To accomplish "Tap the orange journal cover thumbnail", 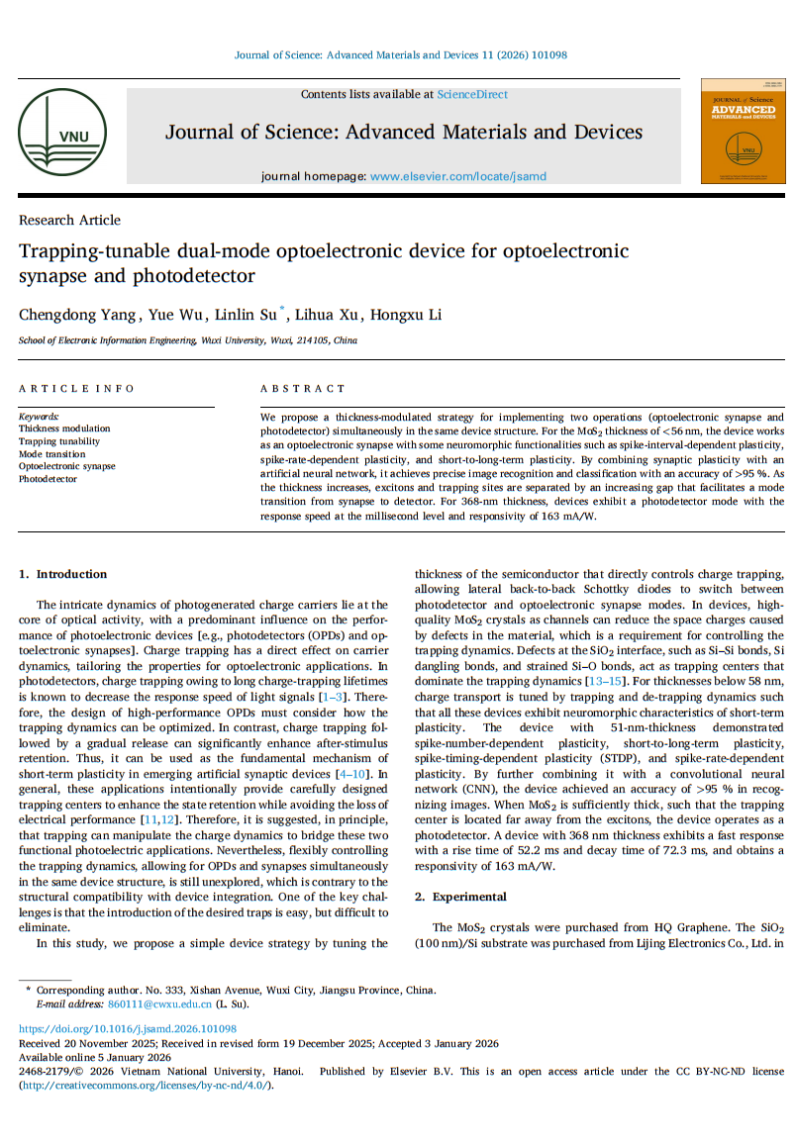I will coord(743,131).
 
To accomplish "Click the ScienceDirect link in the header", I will coord(472,95).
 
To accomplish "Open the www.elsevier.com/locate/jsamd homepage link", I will coord(457,176).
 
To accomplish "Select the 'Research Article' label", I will coord(69,220).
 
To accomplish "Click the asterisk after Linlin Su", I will coord(283,311).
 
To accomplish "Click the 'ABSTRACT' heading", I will coord(303,389).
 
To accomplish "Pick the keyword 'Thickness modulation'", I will coord(64,430).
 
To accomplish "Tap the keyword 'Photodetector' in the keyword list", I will coord(48,479).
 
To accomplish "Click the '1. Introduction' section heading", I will coord(63,574).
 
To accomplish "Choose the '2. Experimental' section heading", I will coord(460,897).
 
